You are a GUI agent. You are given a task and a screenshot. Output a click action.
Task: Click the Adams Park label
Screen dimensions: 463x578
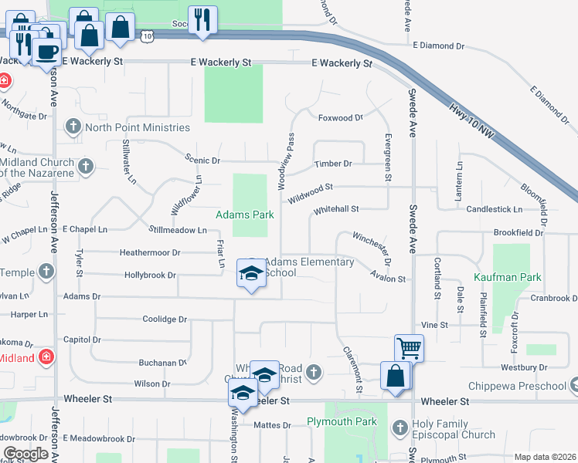click(x=244, y=215)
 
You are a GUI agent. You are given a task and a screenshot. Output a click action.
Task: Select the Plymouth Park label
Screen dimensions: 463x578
click(x=342, y=421)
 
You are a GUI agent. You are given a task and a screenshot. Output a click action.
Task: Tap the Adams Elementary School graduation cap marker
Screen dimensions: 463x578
click(x=251, y=274)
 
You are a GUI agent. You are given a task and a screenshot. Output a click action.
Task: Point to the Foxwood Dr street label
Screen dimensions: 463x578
click(x=340, y=118)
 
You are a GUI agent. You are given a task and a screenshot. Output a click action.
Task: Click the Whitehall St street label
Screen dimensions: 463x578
click(x=336, y=209)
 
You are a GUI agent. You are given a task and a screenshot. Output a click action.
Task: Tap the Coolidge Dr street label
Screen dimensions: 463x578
click(x=165, y=319)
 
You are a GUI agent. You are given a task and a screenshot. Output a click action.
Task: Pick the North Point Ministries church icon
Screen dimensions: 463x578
click(x=73, y=127)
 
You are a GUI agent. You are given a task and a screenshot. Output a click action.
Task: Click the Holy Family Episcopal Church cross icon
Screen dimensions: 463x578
click(x=400, y=427)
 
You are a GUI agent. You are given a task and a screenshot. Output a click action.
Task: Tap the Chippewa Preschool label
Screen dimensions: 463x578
click(x=515, y=386)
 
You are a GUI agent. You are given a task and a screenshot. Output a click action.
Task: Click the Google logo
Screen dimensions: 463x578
click(x=25, y=454)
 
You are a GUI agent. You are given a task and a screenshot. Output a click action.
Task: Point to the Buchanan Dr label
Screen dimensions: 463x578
click(x=161, y=362)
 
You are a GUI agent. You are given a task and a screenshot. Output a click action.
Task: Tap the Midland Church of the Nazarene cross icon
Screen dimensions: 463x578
click(x=86, y=165)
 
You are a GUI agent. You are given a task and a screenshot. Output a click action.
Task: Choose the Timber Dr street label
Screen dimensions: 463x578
click(x=333, y=164)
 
